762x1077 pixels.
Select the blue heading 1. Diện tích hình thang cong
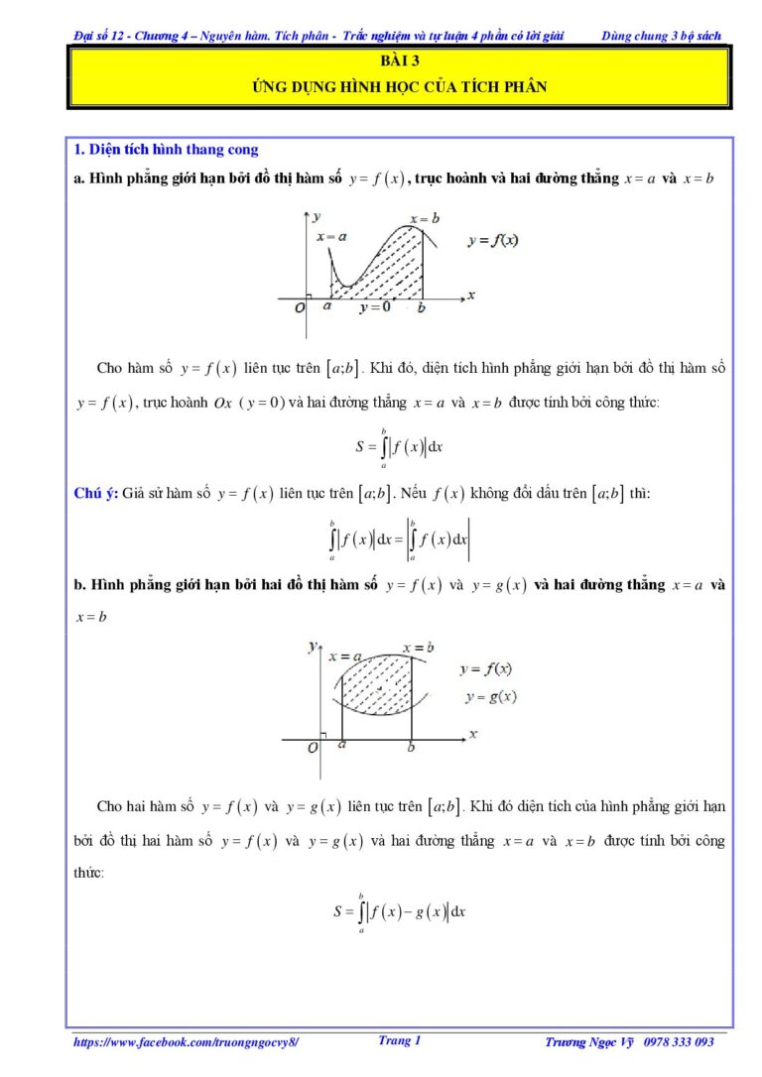[167, 150]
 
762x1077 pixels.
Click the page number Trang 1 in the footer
[400, 1040]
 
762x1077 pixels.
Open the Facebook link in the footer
[186, 1042]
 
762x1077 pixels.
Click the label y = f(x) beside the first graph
[496, 241]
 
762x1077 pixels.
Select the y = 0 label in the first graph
[375, 307]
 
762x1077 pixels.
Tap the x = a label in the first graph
[331, 237]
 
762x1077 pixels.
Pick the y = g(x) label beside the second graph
[491, 696]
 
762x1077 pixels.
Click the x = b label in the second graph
[419, 649]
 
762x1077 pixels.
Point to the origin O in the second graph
[313, 747]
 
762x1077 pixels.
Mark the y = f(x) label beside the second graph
[486, 669]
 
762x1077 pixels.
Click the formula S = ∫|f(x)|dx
[399, 446]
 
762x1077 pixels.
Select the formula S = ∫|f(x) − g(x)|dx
[400, 910]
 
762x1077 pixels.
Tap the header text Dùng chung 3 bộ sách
[661, 37]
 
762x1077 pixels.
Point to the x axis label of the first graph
[471, 295]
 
